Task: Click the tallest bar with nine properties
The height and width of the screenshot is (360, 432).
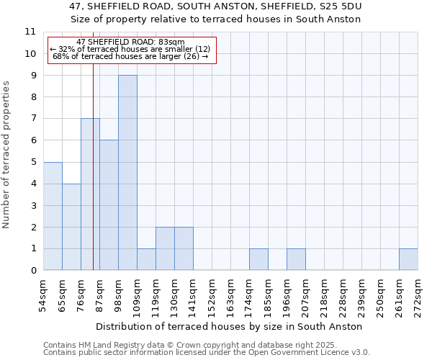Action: [127, 173]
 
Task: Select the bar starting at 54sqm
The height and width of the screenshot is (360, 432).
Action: [53, 216]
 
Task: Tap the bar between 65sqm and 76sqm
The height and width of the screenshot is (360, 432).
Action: [71, 227]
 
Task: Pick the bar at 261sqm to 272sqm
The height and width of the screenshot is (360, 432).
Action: [408, 260]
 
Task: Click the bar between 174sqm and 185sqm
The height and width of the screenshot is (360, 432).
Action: [258, 260]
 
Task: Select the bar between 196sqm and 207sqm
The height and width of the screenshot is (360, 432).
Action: [296, 260]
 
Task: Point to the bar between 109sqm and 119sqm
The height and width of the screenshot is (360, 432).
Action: [146, 260]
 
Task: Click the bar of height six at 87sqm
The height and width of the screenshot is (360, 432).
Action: [109, 205]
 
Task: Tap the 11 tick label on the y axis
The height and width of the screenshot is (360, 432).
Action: [30, 32]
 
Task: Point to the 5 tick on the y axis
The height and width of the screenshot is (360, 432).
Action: [33, 162]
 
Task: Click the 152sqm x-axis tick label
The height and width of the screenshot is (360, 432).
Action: [212, 296]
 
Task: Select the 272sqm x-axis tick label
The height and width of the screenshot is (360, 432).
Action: [418, 296]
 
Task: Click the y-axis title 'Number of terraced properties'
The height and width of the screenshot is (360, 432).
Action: [6, 155]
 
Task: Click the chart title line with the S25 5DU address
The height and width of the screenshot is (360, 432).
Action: [216, 6]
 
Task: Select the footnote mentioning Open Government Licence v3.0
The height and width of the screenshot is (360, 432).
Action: [207, 353]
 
